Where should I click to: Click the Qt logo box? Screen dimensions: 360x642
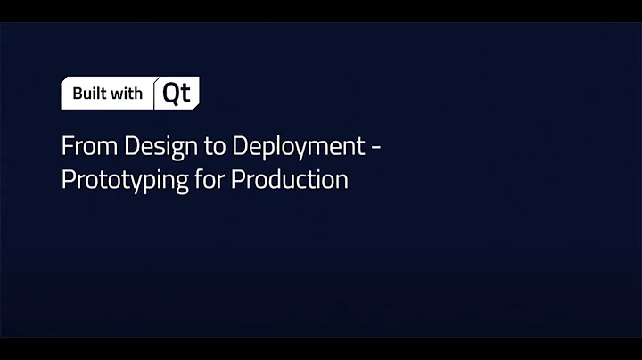[177, 94]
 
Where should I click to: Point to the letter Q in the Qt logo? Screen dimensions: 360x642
[171, 94]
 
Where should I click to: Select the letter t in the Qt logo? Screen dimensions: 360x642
[185, 94]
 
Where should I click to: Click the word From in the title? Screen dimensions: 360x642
[83, 146]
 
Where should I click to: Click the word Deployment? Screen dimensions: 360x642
[288, 146]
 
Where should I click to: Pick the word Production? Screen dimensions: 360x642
[289, 179]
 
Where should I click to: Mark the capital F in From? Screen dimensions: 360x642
[66, 146]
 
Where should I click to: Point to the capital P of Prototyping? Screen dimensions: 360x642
[66, 179]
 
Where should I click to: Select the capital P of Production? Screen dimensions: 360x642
[237, 179]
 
